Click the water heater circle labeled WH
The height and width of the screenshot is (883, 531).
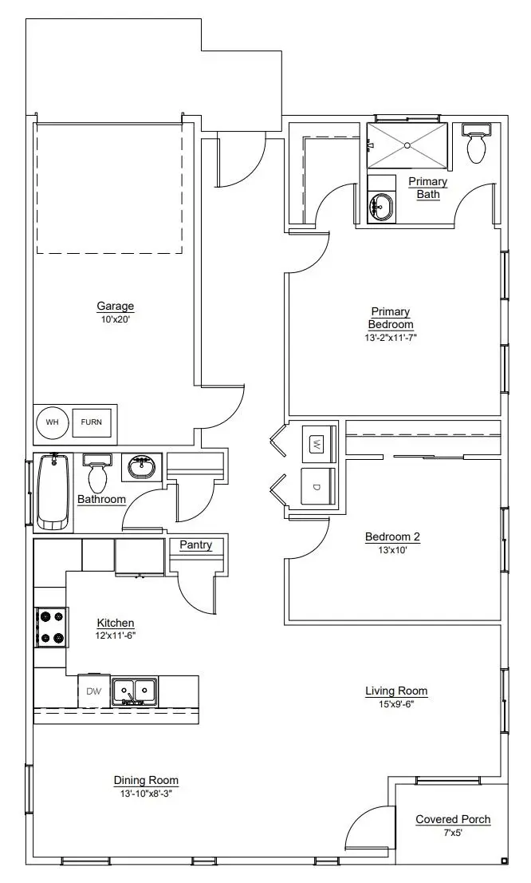52,422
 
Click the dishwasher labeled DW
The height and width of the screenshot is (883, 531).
94,691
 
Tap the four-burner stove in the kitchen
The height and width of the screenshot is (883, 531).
51,628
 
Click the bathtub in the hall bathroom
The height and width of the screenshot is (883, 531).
54,492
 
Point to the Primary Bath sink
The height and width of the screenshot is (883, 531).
381,206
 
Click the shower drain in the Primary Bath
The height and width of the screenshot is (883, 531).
407,145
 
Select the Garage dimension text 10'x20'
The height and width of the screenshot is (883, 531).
115,319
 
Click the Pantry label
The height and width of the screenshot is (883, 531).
195,545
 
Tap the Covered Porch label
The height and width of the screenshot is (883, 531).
453,819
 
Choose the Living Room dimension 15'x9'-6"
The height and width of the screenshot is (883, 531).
396,704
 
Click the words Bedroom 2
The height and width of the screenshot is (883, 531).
392,537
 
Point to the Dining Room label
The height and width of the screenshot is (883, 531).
146,780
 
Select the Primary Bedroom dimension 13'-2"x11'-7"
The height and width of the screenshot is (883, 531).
390,338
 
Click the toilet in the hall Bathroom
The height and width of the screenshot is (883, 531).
98,474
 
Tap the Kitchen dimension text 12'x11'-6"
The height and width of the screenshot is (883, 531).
116,637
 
